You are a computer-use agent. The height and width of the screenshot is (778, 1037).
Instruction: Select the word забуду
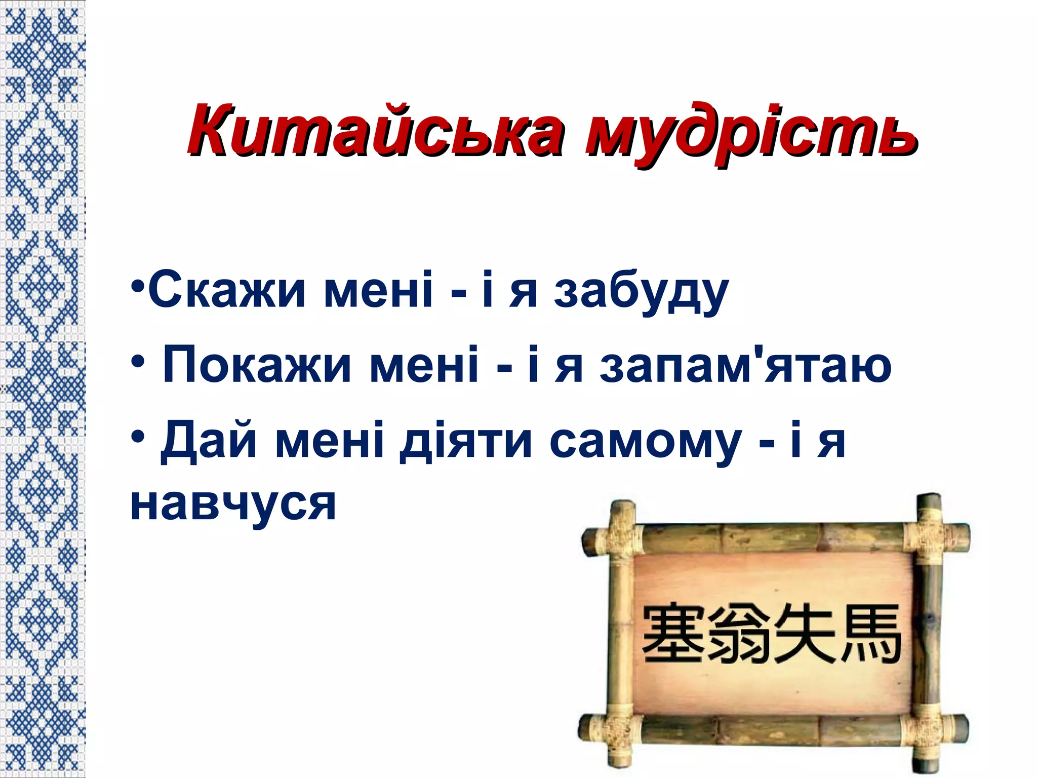(641, 293)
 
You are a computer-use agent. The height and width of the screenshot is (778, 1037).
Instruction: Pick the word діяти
(466, 441)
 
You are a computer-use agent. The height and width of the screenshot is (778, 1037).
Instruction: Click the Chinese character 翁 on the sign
(739, 635)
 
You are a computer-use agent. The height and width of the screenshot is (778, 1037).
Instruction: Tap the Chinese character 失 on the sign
(805, 635)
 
